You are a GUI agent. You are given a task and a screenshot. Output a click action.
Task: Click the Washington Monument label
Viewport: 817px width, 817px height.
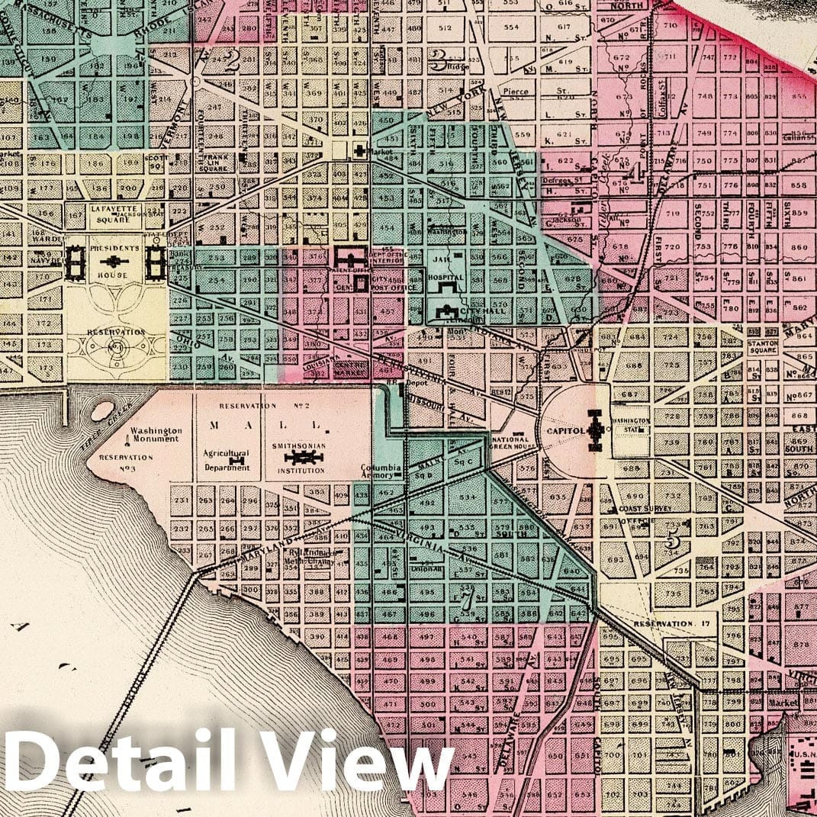tap(156, 434)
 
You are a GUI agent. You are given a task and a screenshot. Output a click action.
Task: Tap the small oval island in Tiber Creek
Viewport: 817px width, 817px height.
tap(101, 410)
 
